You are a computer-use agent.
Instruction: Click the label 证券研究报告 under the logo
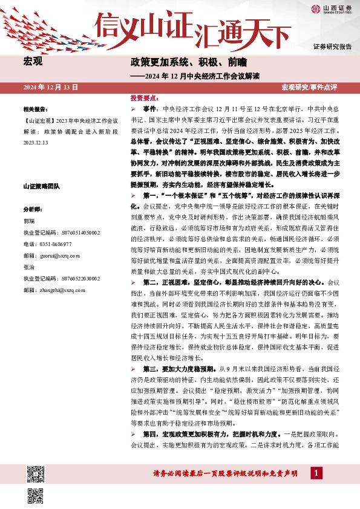pyautogui.click(x=332, y=47)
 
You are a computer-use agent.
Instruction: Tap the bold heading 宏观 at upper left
pyautogui.click(x=32, y=61)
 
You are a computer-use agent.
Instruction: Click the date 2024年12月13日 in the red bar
pyautogui.click(x=51, y=88)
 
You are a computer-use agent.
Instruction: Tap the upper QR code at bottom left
pyautogui.click(x=36, y=458)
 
